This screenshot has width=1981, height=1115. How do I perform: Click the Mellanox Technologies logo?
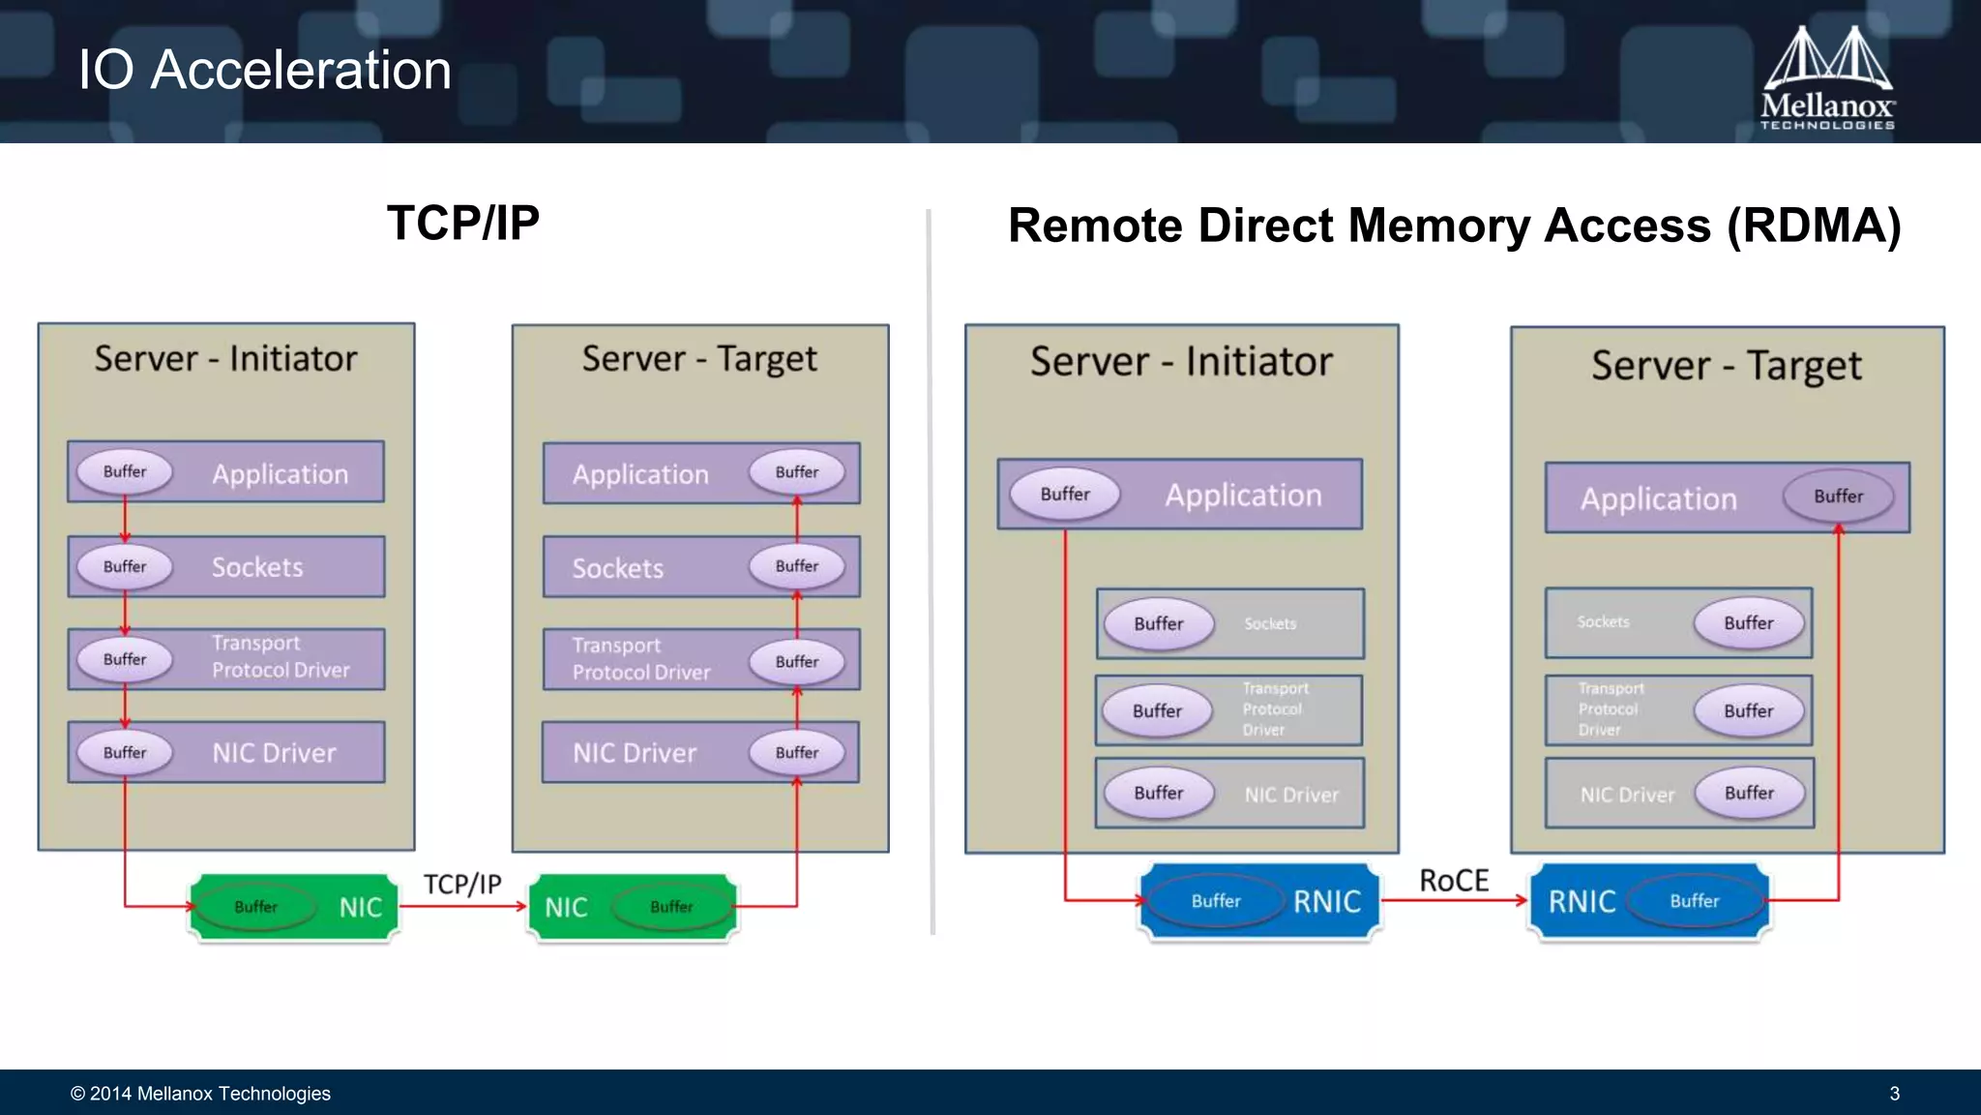tap(1826, 77)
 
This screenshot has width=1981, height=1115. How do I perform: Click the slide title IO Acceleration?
tap(264, 70)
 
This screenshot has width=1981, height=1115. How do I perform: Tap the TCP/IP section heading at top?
tap(462, 224)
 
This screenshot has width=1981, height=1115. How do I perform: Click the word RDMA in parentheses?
tap(1814, 226)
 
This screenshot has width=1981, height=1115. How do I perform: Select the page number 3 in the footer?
tap(1894, 1094)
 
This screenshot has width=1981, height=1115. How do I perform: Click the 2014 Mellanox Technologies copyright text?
tap(200, 1094)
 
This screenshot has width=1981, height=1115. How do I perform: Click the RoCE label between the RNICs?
tap(1453, 881)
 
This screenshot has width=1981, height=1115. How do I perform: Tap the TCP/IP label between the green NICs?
tap(462, 885)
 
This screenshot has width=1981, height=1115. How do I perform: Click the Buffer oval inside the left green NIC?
tap(255, 907)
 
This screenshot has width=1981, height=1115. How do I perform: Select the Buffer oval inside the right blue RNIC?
tap(1695, 901)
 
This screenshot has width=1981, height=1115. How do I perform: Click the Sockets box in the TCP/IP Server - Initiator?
tap(226, 567)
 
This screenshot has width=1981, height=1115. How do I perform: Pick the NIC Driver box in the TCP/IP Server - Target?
tap(700, 753)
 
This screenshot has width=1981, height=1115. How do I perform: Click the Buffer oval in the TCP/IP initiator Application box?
tap(125, 471)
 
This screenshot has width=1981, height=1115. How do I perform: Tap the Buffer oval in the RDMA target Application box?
tap(1838, 497)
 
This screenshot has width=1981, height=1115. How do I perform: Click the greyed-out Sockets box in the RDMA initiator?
tap(1230, 624)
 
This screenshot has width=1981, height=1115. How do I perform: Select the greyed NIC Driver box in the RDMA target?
tap(1679, 794)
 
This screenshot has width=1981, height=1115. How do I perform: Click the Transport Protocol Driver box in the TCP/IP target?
tap(700, 660)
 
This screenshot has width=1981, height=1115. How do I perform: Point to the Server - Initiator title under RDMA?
tap(1181, 362)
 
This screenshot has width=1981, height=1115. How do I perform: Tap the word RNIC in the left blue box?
tap(1327, 902)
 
